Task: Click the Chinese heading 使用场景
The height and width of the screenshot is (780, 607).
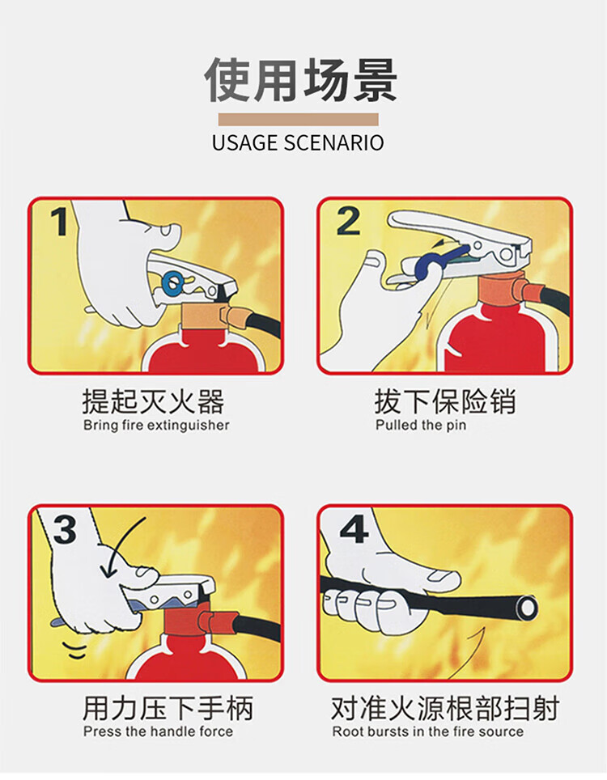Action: (x=300, y=80)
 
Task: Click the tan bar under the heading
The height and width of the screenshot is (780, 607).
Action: (x=298, y=120)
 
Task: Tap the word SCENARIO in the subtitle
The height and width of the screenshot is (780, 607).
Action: (x=333, y=142)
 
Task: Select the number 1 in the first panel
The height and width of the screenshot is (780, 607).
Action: (x=59, y=222)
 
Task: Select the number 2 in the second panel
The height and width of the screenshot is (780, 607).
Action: (x=348, y=222)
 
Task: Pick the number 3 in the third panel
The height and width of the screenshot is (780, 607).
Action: (x=65, y=529)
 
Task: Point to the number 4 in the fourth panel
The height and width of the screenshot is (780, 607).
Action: (x=354, y=528)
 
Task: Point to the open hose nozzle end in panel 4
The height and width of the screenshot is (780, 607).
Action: (x=526, y=608)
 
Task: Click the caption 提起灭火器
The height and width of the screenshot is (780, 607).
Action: (x=153, y=401)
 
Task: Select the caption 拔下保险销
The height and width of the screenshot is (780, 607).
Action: (x=445, y=401)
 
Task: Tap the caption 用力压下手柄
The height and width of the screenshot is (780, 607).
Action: (x=168, y=708)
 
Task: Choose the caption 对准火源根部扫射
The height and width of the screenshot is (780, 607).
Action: (x=445, y=708)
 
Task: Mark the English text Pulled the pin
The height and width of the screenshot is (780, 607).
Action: (x=421, y=426)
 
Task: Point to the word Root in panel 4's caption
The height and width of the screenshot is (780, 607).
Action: (x=344, y=731)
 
